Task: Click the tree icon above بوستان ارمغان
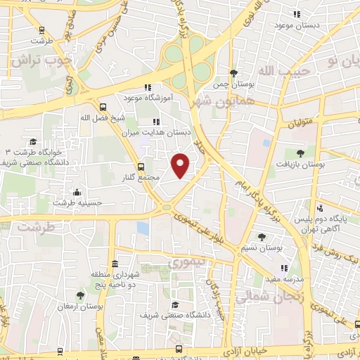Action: pos(80,296)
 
